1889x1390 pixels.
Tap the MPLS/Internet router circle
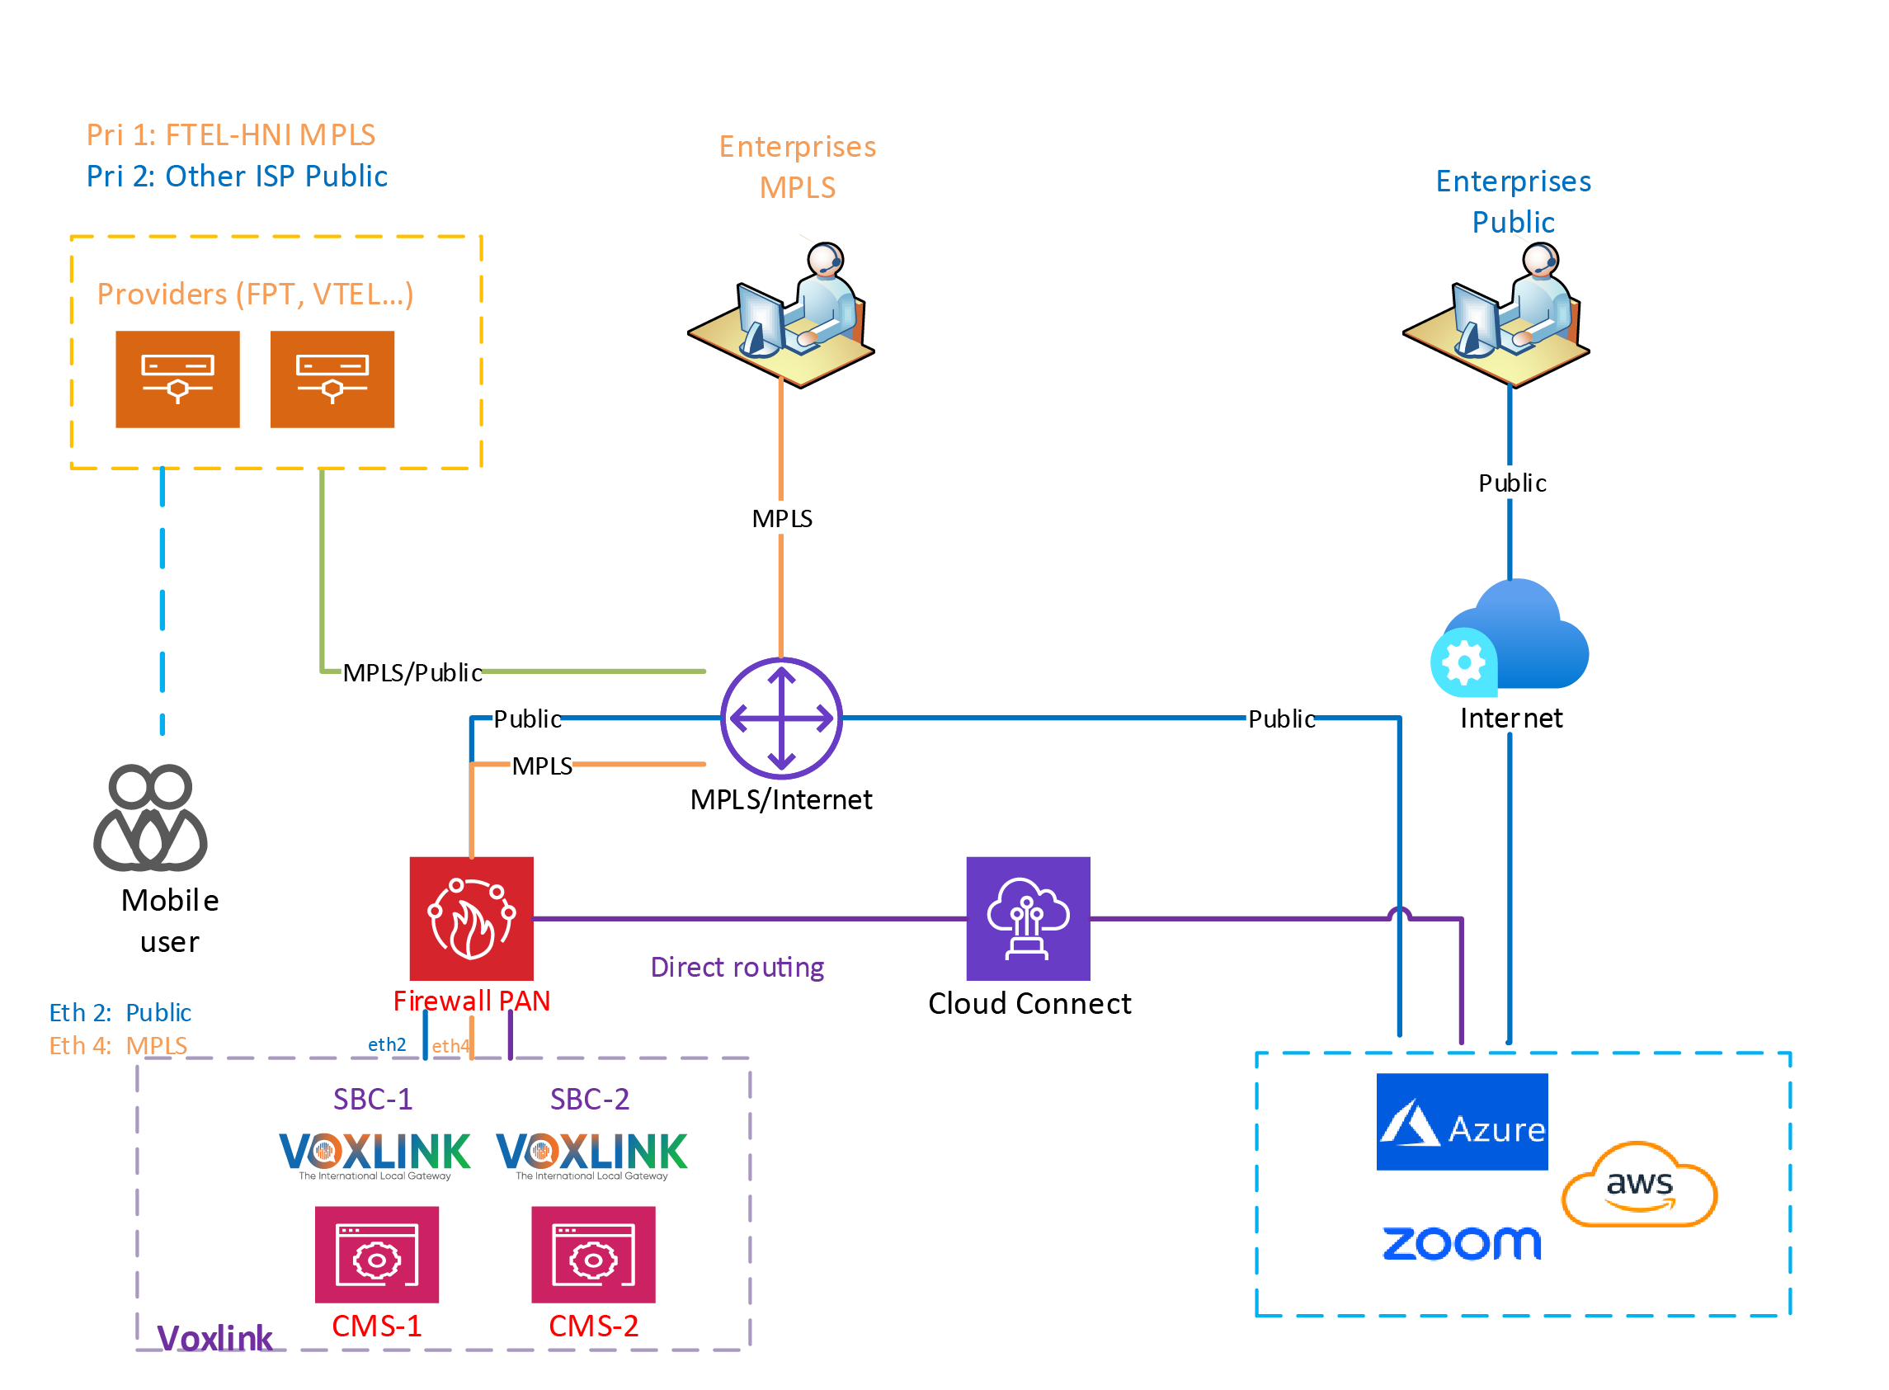(781, 718)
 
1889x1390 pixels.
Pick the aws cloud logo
(1638, 1184)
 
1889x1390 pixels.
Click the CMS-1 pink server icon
(376, 1254)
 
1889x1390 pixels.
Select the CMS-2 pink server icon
(592, 1254)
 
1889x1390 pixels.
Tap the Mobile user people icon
(150, 817)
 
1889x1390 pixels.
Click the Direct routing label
(737, 967)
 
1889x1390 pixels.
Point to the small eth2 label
(386, 1044)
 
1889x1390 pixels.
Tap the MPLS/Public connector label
(412, 672)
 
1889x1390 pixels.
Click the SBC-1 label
(372, 1099)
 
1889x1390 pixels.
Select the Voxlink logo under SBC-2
(591, 1155)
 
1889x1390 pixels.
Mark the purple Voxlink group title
(214, 1337)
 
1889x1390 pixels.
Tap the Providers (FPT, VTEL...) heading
(255, 294)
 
